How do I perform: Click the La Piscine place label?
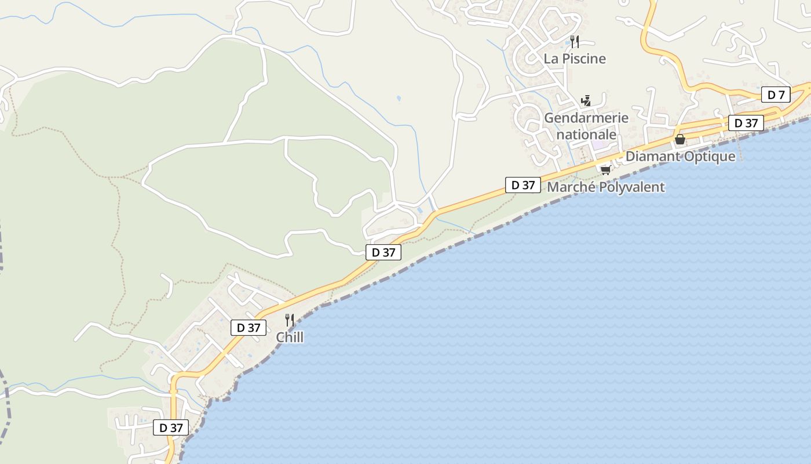pos(575,59)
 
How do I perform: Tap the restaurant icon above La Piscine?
pos(574,41)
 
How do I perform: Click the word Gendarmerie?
pos(586,118)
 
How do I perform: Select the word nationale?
pos(586,135)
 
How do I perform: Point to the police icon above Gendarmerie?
pos(586,101)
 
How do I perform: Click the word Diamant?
pos(653,157)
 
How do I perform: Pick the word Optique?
pos(710,157)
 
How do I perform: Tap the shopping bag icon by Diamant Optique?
pos(680,140)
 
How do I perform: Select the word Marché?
pos(570,187)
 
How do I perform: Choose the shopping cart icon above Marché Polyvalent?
pos(605,170)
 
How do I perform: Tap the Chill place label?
pos(290,338)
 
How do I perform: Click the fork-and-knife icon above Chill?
pos(290,320)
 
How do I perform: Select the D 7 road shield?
pos(776,95)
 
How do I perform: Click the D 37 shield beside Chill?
pos(249,328)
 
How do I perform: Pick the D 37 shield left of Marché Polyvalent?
pos(523,185)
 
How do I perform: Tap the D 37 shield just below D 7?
pos(746,123)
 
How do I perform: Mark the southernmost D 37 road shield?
pos(171,428)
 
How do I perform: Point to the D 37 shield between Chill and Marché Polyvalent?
pos(383,252)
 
